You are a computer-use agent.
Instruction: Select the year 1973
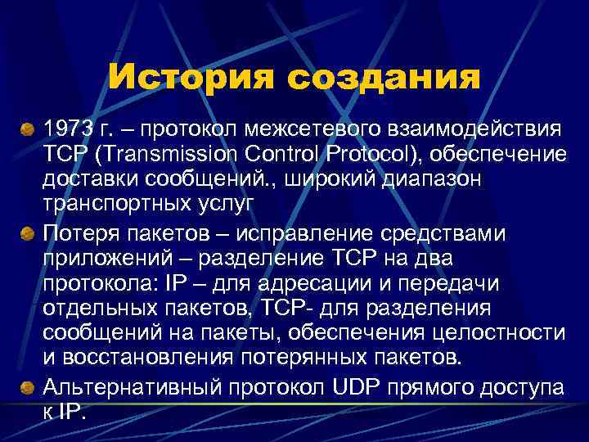pyautogui.click(x=67, y=128)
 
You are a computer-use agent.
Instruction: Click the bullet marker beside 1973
pyautogui.click(x=28, y=129)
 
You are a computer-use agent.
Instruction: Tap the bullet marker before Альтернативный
pyautogui.click(x=28, y=387)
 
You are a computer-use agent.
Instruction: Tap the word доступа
pyautogui.click(x=524, y=386)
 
